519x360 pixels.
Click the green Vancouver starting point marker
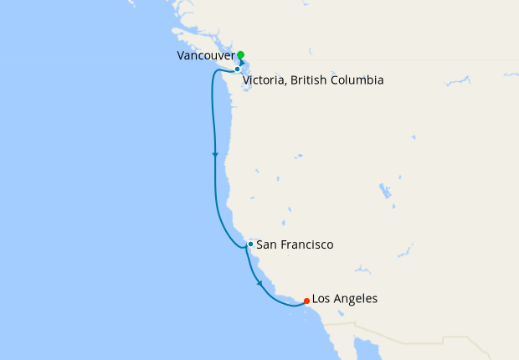click(240, 55)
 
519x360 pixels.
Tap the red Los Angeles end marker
click(307, 301)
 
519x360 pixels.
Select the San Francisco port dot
click(250, 244)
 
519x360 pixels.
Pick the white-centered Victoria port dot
click(237, 69)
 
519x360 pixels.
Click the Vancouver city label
click(205, 55)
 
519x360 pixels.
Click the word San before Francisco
click(267, 245)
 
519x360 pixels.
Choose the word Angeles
click(356, 299)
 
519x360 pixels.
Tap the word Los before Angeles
click(322, 299)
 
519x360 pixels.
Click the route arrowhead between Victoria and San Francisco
click(215, 155)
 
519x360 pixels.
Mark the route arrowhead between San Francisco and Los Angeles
click(259, 284)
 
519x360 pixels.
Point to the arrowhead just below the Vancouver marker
click(242, 63)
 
